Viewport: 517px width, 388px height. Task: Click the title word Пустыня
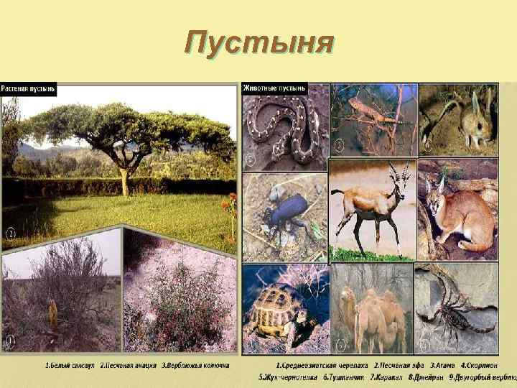point(258,42)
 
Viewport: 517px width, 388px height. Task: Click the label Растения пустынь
point(29,90)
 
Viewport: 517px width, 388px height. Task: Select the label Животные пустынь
point(274,88)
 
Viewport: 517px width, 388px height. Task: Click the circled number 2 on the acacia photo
point(11,234)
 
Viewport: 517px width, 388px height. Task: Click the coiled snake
point(284,129)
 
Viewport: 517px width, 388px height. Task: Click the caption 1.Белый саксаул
point(70,366)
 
